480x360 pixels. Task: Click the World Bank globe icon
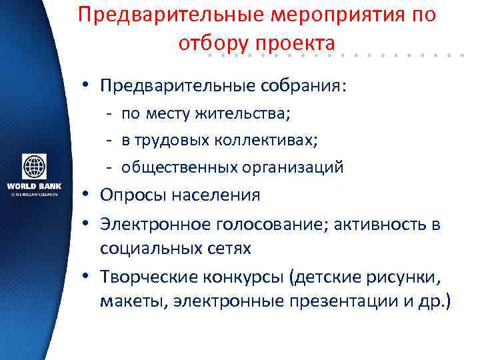click(34, 166)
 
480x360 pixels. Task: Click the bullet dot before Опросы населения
click(87, 195)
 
